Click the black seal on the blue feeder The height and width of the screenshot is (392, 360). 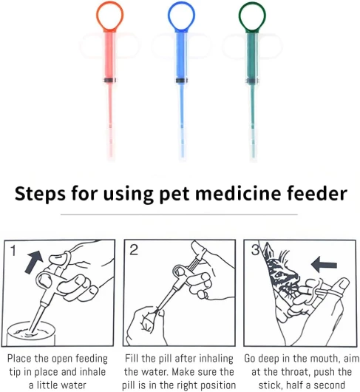point(182,81)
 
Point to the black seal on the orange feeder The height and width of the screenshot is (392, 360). point(110,81)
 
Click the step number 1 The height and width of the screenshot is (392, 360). point(13,251)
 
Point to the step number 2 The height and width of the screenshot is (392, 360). point(134,249)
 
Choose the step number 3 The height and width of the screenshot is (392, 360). point(255,250)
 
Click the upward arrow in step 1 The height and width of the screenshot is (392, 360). point(34,262)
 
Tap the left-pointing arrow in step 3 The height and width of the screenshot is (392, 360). point(324,265)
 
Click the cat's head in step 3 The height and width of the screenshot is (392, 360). point(281,271)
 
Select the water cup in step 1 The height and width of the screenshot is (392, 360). point(31,334)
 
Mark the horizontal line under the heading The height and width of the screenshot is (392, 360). point(179,214)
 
